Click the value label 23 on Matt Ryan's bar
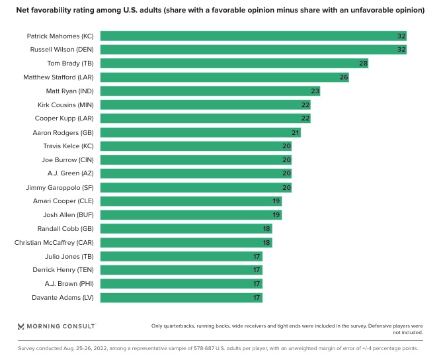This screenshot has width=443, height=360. coord(315,91)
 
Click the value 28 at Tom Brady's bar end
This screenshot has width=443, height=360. coord(363,64)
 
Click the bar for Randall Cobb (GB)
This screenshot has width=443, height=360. coord(185,229)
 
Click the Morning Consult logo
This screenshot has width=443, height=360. coord(56,326)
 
